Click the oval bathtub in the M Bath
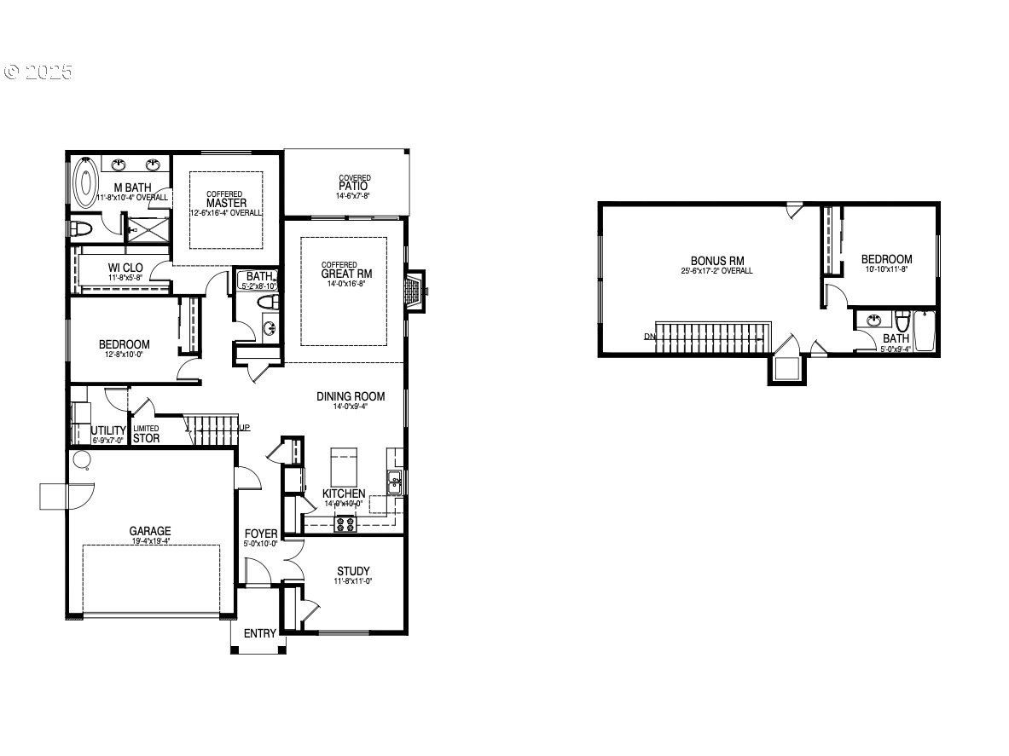pos(86,182)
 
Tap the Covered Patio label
pos(352,185)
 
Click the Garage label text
pos(150,530)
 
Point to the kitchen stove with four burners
pos(345,523)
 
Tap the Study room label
pos(353,571)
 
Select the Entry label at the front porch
pos(260,633)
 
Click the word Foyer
pos(261,534)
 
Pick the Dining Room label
pos(351,396)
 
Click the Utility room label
pos(108,430)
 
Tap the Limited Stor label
pos(147,434)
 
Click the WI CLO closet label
pos(125,268)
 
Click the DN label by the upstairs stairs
pos(650,337)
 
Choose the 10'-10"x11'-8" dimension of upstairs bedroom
pos(886,269)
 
